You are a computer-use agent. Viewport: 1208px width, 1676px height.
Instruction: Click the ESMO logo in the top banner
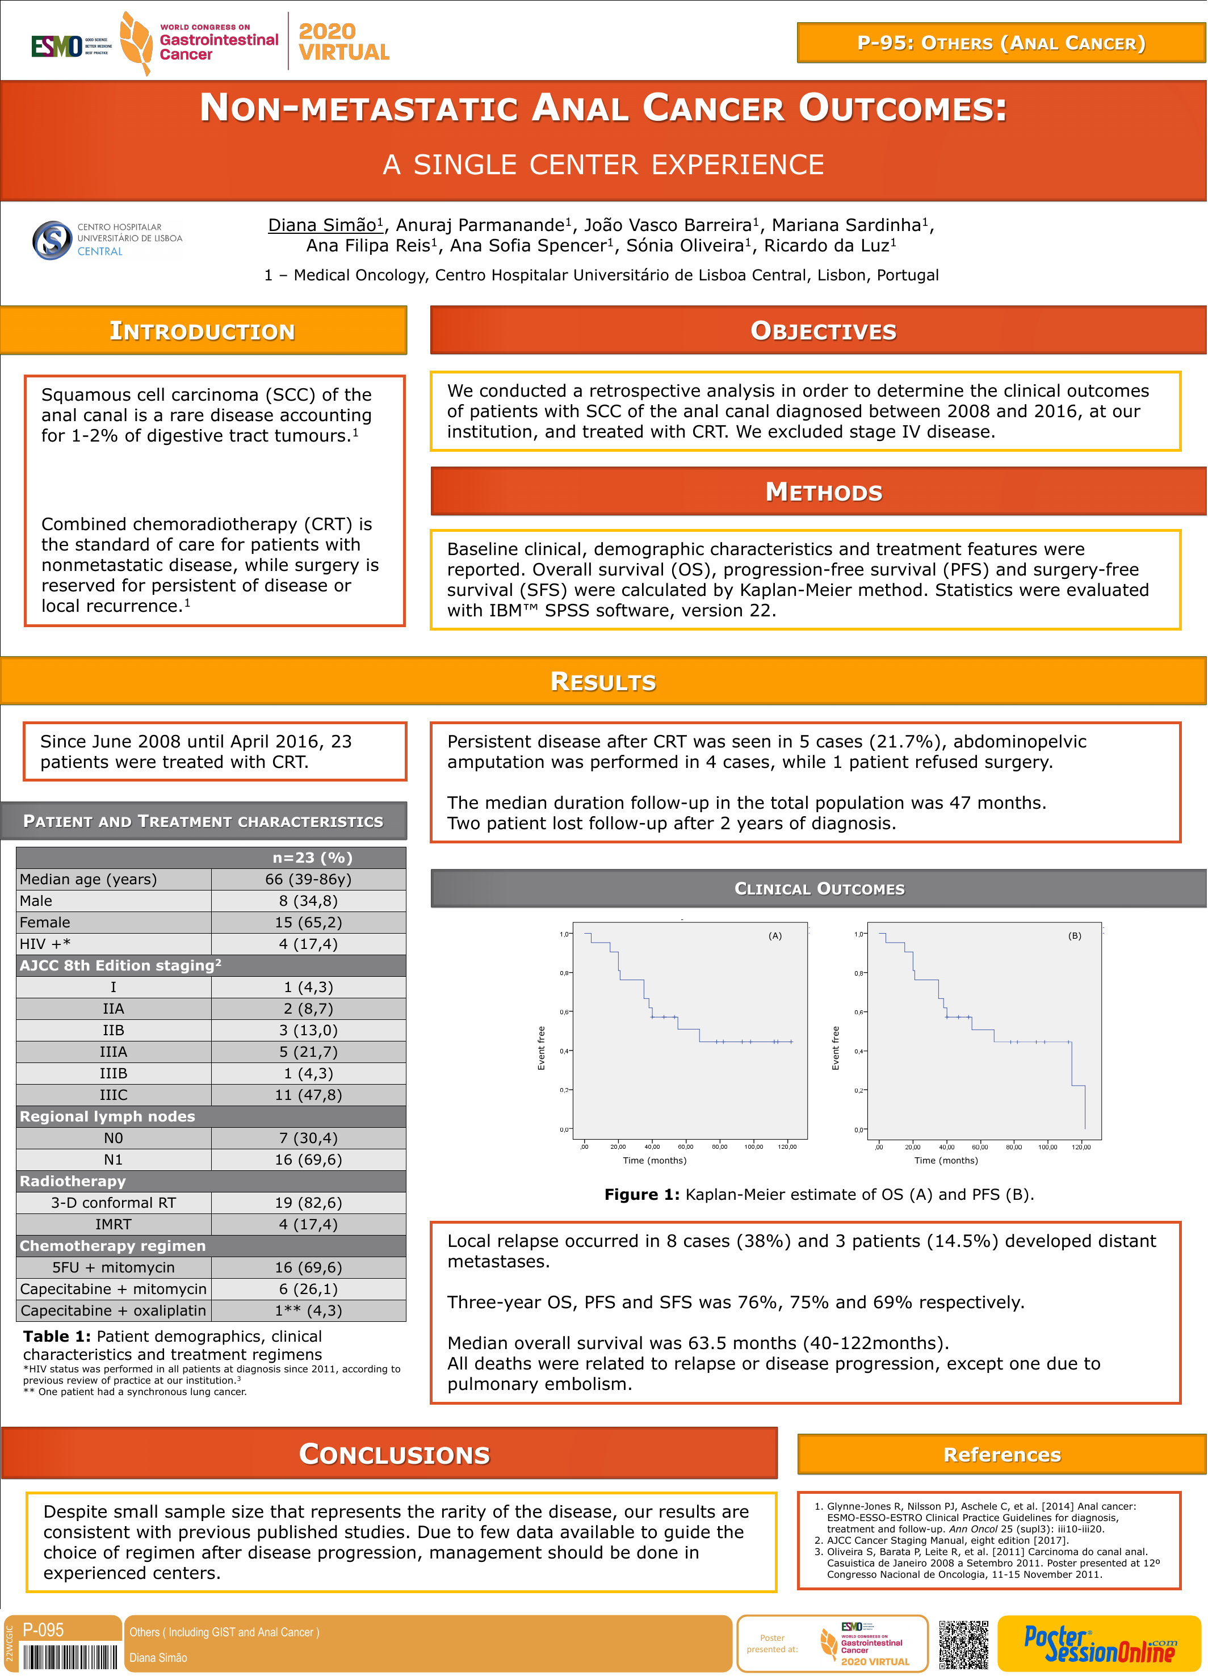[x=71, y=46]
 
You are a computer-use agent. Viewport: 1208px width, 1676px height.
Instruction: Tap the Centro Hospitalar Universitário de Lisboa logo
[x=108, y=240]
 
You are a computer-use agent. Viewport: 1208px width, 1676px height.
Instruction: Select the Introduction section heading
[x=203, y=330]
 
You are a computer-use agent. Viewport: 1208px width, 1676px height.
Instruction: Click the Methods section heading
[x=824, y=492]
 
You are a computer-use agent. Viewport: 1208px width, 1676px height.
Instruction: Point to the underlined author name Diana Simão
[x=325, y=225]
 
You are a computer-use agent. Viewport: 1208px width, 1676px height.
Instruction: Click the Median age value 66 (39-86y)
[x=308, y=879]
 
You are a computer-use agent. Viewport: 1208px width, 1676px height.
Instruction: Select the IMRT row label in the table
[x=113, y=1224]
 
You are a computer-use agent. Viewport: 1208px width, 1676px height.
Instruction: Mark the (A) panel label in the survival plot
[x=775, y=935]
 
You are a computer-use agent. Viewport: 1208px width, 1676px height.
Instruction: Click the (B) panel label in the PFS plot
[x=1074, y=935]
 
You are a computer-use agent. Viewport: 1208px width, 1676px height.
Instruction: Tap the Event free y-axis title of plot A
[x=541, y=1048]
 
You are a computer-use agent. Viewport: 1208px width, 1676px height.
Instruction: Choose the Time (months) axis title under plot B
[x=946, y=1161]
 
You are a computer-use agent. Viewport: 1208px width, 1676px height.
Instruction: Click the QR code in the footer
[x=963, y=1645]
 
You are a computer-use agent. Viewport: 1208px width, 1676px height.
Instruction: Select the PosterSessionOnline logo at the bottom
[x=1100, y=1644]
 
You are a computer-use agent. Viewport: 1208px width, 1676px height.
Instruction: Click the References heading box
[x=1002, y=1454]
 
